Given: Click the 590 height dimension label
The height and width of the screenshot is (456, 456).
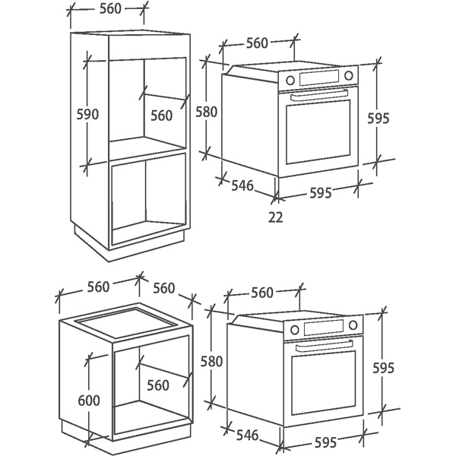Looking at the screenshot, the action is (87, 114).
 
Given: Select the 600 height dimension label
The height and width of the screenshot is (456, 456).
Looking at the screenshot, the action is (89, 401).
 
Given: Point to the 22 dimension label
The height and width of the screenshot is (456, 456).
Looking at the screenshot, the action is (275, 217).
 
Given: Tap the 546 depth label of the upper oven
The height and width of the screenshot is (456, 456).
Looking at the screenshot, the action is (242, 185).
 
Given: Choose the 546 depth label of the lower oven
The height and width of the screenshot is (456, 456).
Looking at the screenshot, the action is (248, 435).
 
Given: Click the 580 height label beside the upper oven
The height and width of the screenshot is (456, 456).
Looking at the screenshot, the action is (207, 112).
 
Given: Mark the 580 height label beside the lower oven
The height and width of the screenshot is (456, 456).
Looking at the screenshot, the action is (211, 362).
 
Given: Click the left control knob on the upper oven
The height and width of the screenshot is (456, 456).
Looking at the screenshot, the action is (290, 80).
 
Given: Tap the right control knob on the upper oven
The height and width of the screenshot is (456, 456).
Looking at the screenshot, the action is (348, 75).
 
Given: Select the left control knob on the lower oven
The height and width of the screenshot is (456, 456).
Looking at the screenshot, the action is (295, 330).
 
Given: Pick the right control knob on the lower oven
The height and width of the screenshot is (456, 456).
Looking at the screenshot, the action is (353, 325).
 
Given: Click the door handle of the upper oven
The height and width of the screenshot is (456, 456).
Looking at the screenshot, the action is (319, 95).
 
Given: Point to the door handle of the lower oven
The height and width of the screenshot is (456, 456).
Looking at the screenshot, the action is (324, 345).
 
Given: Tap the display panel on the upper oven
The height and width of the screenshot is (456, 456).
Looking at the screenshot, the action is (319, 78).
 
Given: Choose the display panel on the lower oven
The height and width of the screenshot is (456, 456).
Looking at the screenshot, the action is (324, 328).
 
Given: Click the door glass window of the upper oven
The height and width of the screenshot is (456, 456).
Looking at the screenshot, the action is (318, 132).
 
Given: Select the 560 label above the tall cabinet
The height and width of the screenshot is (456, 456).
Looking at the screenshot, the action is (110, 8).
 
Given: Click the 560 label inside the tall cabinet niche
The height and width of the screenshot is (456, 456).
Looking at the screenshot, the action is (162, 116).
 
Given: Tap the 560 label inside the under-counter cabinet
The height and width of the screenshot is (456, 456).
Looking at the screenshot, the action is (158, 385).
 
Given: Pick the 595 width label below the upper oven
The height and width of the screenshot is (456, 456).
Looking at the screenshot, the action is (321, 193).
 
